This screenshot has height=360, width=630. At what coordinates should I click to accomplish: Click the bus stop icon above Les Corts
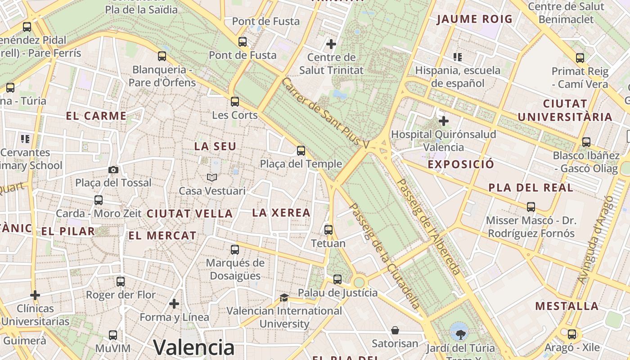235,102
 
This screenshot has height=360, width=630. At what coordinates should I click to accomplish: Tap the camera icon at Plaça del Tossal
113,170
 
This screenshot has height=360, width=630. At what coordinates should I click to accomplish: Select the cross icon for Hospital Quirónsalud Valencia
444,121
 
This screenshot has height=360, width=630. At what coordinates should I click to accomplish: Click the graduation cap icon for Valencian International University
284,297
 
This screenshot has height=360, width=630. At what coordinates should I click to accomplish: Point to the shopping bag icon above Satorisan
395,331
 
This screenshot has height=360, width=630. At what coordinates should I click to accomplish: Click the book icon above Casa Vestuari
212,178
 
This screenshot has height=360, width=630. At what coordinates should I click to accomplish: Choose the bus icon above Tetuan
328,230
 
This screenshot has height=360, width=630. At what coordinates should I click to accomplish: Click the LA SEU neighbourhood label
215,147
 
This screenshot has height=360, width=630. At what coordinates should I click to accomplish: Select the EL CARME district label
96,116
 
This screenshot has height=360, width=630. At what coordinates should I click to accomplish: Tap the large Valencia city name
194,347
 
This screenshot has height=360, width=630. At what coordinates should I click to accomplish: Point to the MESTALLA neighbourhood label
567,306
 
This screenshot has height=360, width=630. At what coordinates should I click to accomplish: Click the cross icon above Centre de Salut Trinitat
331,44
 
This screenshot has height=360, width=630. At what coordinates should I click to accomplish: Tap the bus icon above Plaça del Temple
301,151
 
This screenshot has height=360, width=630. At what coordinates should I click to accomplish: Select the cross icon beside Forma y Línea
174,304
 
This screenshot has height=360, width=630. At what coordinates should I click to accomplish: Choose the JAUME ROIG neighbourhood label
474,19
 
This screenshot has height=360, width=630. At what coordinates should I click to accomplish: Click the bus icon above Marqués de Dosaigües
235,250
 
